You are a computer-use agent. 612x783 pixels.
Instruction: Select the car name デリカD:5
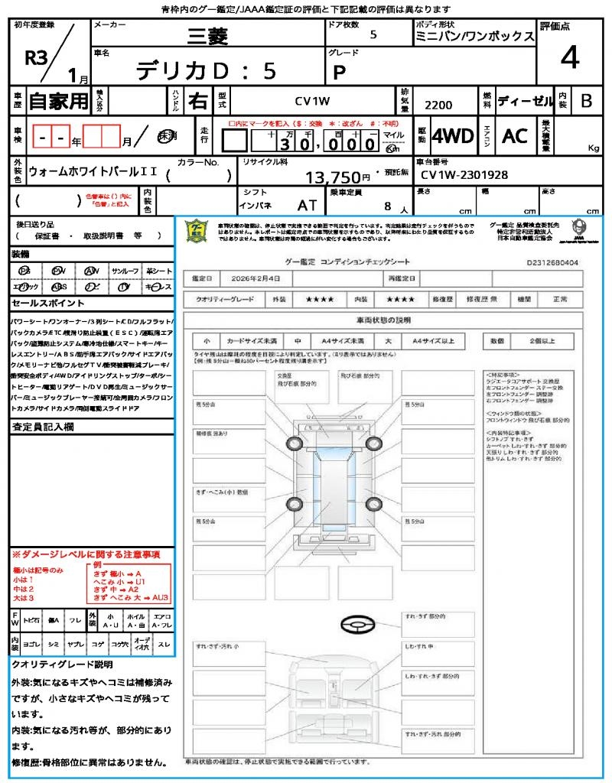(x=206, y=71)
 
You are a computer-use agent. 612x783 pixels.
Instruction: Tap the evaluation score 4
(x=569, y=57)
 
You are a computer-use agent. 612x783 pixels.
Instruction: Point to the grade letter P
(x=339, y=72)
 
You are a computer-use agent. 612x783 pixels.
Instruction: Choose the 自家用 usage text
(x=58, y=100)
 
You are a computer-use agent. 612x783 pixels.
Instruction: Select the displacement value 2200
(x=438, y=106)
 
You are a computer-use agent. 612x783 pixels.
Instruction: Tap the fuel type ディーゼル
(x=525, y=101)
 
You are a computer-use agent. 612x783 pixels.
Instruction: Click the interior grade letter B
(x=586, y=101)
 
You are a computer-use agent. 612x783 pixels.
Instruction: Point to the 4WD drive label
(x=452, y=136)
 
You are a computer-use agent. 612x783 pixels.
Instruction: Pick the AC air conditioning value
(x=515, y=136)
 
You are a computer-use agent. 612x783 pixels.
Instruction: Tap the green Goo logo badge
(x=197, y=230)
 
